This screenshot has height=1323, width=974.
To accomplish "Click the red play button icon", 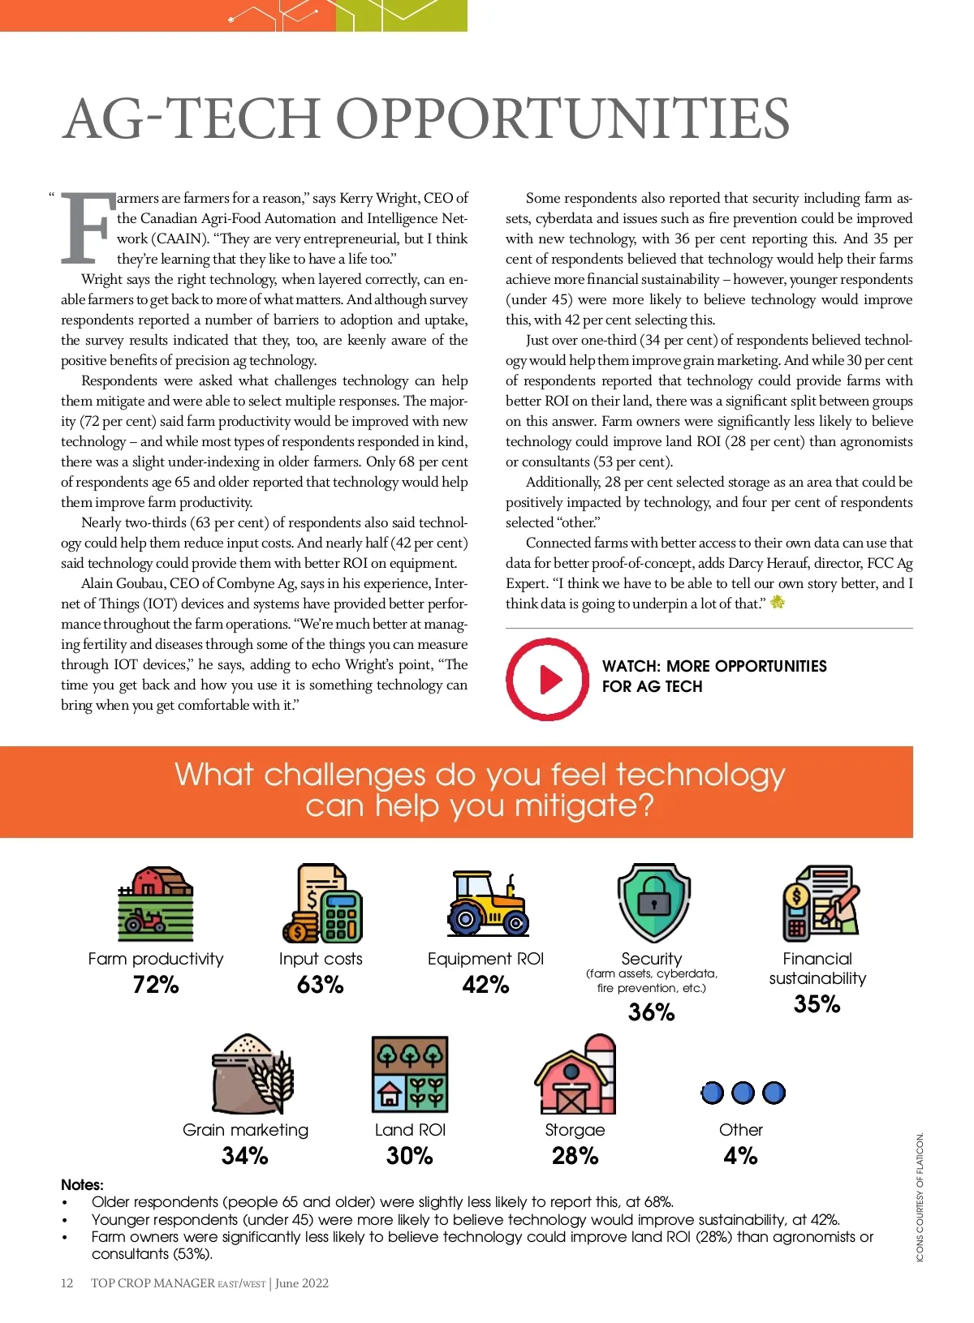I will click(548, 679).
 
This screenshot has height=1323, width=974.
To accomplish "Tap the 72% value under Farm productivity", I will click(156, 985).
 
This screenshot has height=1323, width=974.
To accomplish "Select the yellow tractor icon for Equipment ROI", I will click(487, 904).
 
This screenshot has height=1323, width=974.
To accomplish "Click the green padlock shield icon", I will click(653, 903).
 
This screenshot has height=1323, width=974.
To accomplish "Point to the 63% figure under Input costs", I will click(321, 985).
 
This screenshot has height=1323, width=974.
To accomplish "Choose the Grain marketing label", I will click(245, 1130).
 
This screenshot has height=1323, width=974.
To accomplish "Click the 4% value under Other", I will click(740, 1156).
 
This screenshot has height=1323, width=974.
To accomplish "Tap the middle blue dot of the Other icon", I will click(743, 1093).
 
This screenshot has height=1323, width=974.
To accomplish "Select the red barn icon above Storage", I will click(575, 1076).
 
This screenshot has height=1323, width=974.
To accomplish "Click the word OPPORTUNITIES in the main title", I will click(562, 119).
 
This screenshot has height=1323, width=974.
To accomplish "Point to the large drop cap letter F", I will click(87, 230).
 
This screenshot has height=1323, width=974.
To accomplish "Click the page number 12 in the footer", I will click(67, 1283).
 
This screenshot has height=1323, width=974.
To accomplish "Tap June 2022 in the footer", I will click(302, 1283).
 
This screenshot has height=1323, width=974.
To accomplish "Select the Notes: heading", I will click(82, 1185).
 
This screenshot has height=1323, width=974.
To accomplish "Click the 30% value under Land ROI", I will click(410, 1156).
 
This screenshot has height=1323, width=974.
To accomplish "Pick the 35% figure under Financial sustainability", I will click(817, 1004).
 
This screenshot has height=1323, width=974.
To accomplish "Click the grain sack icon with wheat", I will click(252, 1075).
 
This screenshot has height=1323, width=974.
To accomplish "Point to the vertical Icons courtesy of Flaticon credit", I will click(920, 1197).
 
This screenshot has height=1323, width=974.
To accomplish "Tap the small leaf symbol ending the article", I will click(778, 603).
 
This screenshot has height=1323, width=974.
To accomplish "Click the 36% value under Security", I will click(652, 1012).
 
